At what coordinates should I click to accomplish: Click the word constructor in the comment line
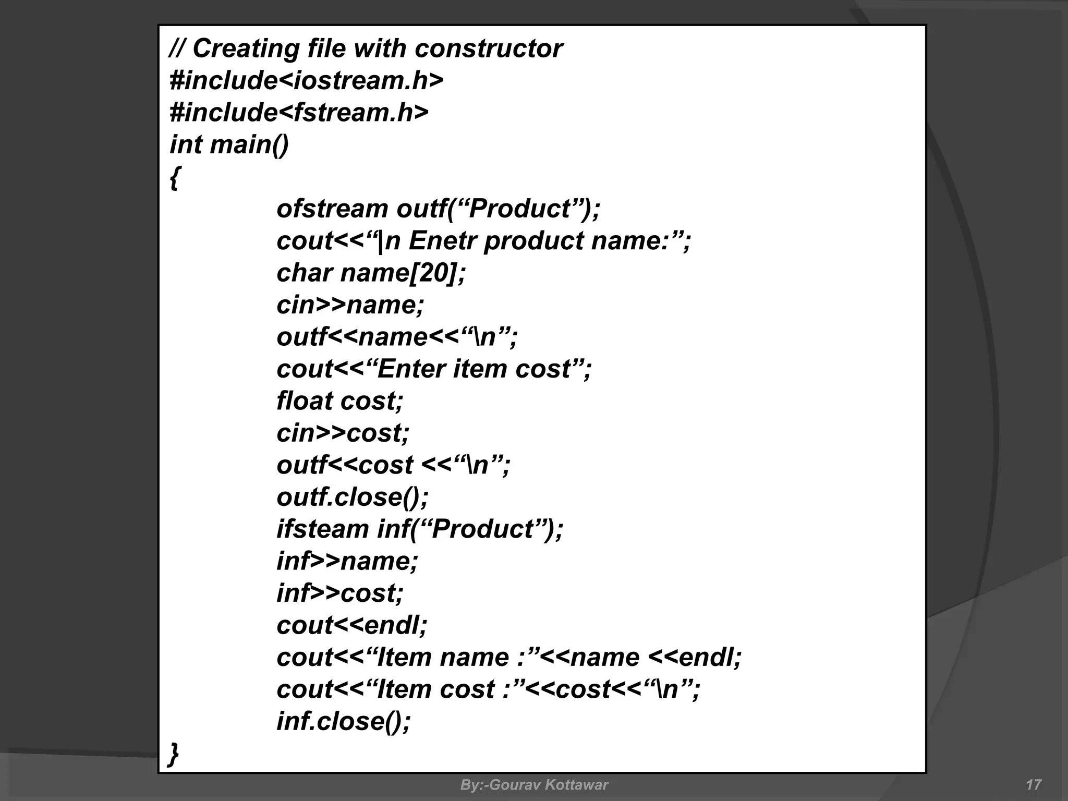(x=489, y=48)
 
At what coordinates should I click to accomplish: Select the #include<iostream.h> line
(x=307, y=80)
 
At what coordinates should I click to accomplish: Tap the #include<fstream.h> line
(x=299, y=113)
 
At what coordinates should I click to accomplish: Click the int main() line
(x=229, y=144)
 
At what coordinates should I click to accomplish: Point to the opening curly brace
(x=175, y=178)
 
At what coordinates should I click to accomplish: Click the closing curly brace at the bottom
(x=174, y=754)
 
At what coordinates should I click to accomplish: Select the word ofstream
(x=332, y=209)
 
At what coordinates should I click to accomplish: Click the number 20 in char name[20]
(x=433, y=273)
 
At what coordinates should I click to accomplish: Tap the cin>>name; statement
(x=350, y=305)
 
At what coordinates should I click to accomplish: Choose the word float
(x=305, y=401)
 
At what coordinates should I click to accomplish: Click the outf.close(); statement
(x=353, y=497)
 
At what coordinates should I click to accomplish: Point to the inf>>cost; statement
(x=340, y=593)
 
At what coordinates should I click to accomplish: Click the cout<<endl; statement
(x=352, y=625)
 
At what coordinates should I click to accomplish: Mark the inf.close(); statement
(x=344, y=721)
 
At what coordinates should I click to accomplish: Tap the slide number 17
(x=1033, y=785)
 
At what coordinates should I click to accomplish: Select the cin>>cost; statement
(x=343, y=433)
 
